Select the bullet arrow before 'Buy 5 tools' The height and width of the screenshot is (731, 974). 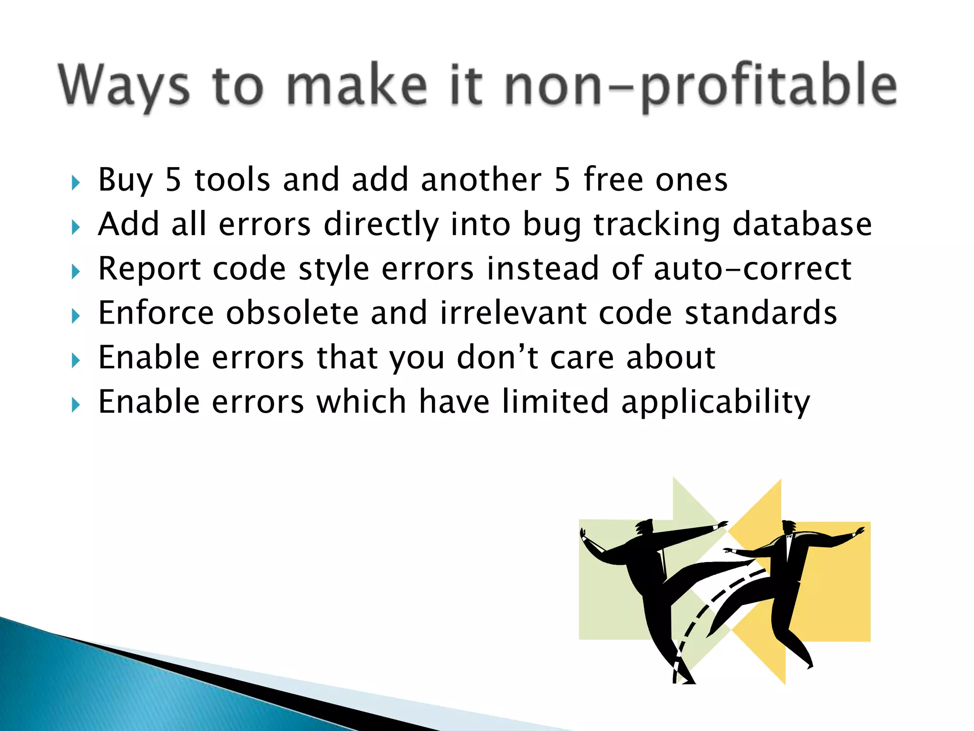tap(76, 183)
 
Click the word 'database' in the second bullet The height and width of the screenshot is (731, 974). tap(802, 224)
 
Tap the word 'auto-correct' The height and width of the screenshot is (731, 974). tap(752, 269)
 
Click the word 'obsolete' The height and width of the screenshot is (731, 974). tap(292, 313)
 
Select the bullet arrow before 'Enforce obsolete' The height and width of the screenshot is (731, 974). tap(76, 316)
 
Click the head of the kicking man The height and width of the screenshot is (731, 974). tap(644, 527)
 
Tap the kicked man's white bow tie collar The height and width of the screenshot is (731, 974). tap(789, 537)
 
